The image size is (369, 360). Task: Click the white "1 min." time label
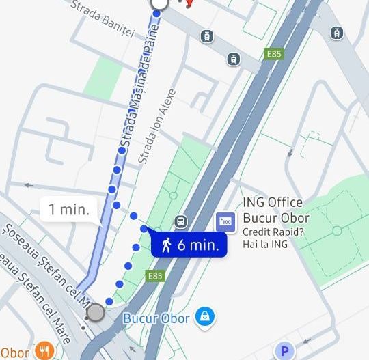[x=68, y=209]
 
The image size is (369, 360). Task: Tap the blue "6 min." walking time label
[x=189, y=245]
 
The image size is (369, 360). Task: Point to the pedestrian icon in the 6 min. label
[x=166, y=245]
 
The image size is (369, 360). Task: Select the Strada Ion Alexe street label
[x=158, y=126]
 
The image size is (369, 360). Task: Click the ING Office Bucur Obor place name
[x=276, y=210]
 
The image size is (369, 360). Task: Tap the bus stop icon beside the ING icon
[x=181, y=221]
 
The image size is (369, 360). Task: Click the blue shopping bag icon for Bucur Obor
[x=203, y=316]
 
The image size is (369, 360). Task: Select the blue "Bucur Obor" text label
[x=156, y=318]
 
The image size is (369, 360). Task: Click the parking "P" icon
[x=285, y=350]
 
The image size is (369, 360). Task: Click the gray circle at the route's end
[x=96, y=313]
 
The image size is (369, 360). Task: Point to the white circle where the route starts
[x=159, y=3]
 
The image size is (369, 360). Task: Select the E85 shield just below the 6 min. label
[x=156, y=276]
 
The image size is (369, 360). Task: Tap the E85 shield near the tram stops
[x=274, y=53]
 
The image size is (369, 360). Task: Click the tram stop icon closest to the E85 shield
[x=234, y=59]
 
